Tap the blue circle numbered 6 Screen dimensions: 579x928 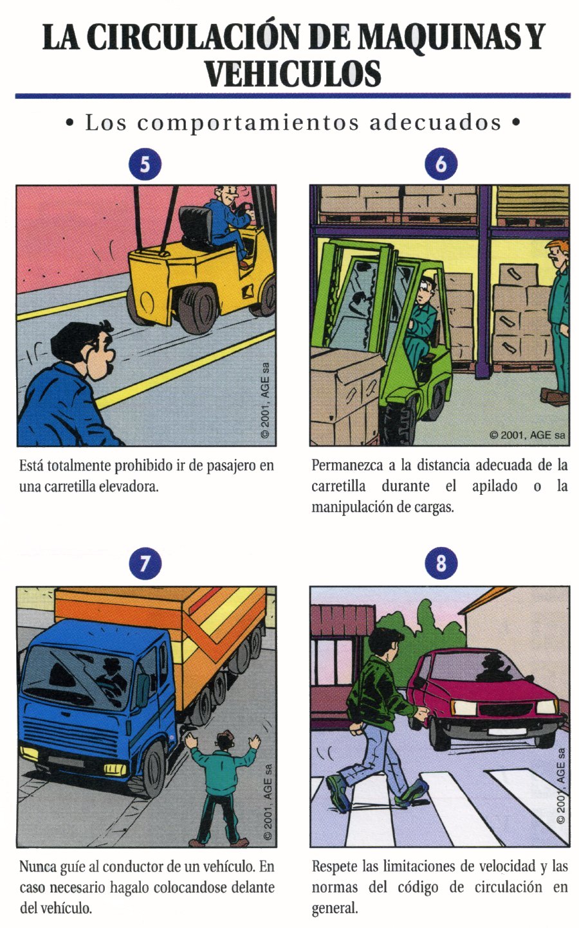coord(441,164)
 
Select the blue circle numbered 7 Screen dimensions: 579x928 coord(145,564)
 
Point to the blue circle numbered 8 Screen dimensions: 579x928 coord(441,564)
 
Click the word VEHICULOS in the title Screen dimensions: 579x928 coord(293,73)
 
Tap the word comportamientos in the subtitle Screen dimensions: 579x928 coord(248,123)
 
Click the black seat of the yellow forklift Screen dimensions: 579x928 coord(196,228)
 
